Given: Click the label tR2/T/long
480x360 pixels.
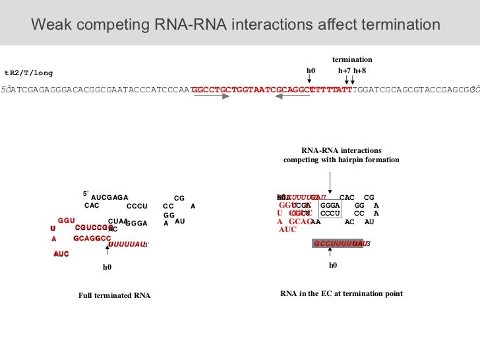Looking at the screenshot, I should click(x=28, y=73).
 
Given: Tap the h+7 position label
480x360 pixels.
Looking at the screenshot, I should click(x=344, y=71).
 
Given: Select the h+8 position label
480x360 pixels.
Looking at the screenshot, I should click(x=359, y=71).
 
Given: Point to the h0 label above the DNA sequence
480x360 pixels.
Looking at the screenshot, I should click(x=311, y=71).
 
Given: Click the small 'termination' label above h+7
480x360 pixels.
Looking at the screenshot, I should click(x=352, y=59).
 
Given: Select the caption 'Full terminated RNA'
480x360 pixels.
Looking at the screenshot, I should click(x=114, y=295).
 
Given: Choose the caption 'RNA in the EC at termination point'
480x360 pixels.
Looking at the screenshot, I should click(x=341, y=293).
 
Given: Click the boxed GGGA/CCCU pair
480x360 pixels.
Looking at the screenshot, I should click(x=330, y=209).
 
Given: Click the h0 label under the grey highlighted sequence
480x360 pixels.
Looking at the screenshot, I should click(x=332, y=265).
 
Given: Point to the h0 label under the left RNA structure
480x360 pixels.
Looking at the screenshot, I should click(x=107, y=267).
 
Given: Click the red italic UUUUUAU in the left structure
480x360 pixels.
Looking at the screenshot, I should click(x=125, y=244).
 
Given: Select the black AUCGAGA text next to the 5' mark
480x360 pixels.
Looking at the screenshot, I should click(x=109, y=197).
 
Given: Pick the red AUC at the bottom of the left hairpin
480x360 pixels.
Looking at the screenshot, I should click(x=61, y=254).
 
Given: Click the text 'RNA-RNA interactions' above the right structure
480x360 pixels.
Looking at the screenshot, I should click(x=341, y=150).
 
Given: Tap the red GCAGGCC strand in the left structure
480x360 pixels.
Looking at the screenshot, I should click(x=92, y=238).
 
